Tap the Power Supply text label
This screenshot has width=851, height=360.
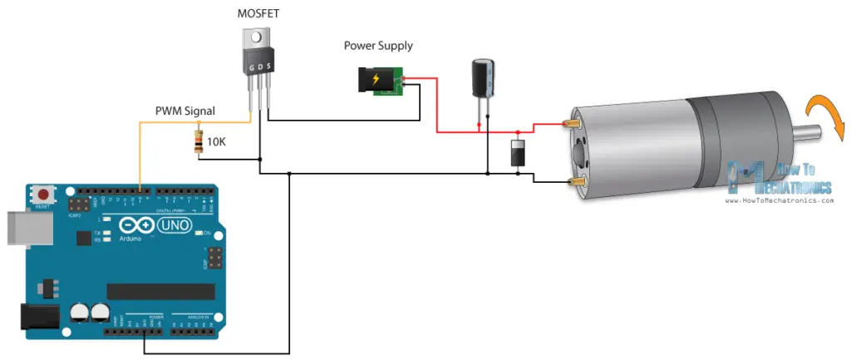pyautogui.click(x=378, y=45)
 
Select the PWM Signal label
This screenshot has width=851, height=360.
pyautogui.click(x=184, y=111)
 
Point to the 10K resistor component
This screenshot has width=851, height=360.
pyautogui.click(x=198, y=142)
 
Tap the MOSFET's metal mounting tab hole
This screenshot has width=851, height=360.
pyautogui.click(x=258, y=37)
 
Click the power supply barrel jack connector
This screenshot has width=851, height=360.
pyautogui.click(x=373, y=81)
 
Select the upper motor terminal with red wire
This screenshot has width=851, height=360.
pyautogui.click(x=572, y=124)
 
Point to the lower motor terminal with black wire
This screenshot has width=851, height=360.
pyautogui.click(x=572, y=181)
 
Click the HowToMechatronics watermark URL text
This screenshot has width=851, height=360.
pyautogui.click(x=780, y=200)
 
